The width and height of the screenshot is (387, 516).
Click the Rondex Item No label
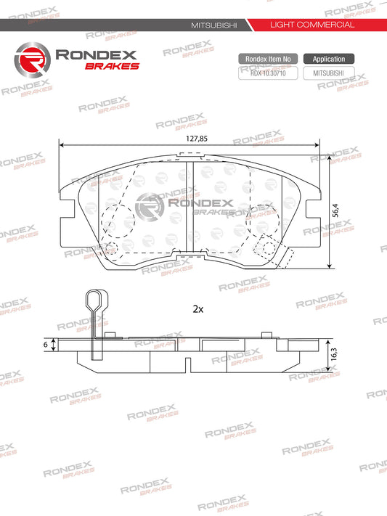(267, 59)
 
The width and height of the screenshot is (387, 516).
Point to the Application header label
(329, 59)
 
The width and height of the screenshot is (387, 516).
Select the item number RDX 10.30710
(267, 73)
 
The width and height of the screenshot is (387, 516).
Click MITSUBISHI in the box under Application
(329, 73)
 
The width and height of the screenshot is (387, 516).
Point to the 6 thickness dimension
(45, 346)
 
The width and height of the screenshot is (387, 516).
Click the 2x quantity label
(197, 308)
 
